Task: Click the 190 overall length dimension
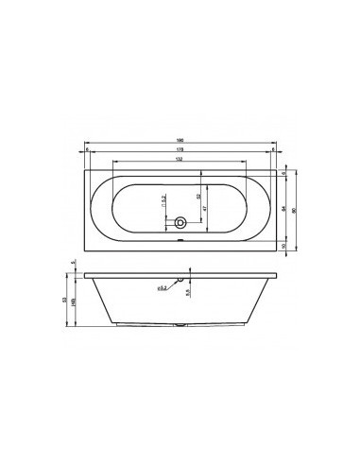(x=180, y=143)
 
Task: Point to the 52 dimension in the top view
(x=197, y=197)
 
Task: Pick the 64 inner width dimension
(x=284, y=206)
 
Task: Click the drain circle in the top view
(x=180, y=225)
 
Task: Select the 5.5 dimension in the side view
(x=190, y=294)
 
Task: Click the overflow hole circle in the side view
(x=190, y=280)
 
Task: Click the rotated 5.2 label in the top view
(x=164, y=199)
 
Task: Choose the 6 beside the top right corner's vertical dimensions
(x=284, y=174)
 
